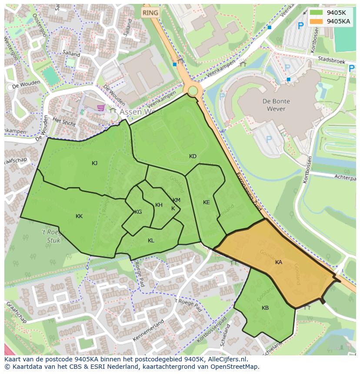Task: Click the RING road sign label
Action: click(150, 13)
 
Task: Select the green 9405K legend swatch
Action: click(317, 13)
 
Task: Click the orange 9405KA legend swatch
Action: click(317, 21)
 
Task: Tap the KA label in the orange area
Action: click(279, 262)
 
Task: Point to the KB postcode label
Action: click(265, 308)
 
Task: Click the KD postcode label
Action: click(193, 156)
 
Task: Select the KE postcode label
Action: click(207, 202)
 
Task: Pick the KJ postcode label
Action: click(94, 163)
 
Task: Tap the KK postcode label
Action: click(79, 216)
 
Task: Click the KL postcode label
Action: click(151, 241)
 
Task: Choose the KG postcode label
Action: click(138, 212)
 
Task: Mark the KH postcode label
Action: click(159, 205)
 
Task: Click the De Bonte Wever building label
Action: click(276, 105)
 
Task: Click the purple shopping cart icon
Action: click(101, 107)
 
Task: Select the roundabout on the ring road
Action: click(192, 91)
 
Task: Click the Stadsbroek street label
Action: click(331, 60)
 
